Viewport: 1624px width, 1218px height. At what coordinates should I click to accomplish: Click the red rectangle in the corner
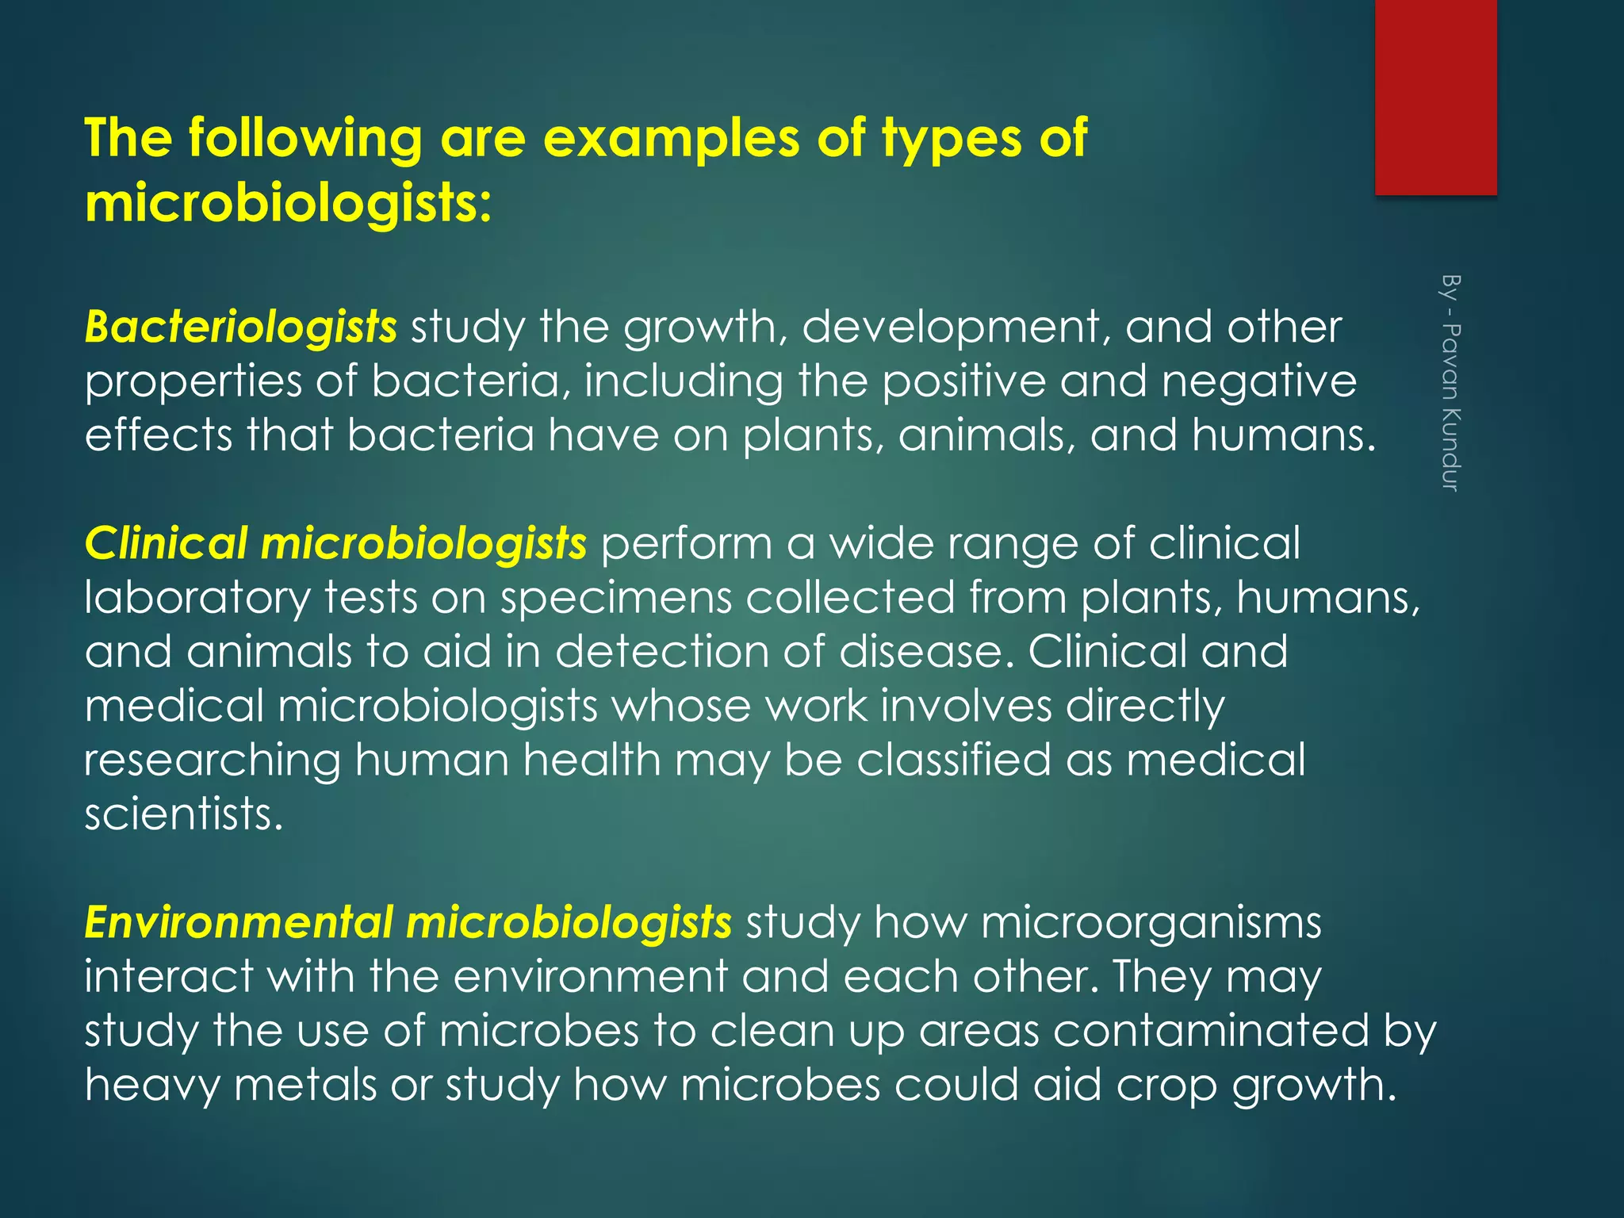1435,97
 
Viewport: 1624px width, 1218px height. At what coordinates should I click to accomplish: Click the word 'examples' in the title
672,138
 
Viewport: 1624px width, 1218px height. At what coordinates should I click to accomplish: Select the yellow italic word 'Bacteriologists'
240,327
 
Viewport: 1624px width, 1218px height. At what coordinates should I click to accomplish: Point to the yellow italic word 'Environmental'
239,922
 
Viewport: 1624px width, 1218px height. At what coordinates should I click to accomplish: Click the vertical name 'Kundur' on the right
1450,450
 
